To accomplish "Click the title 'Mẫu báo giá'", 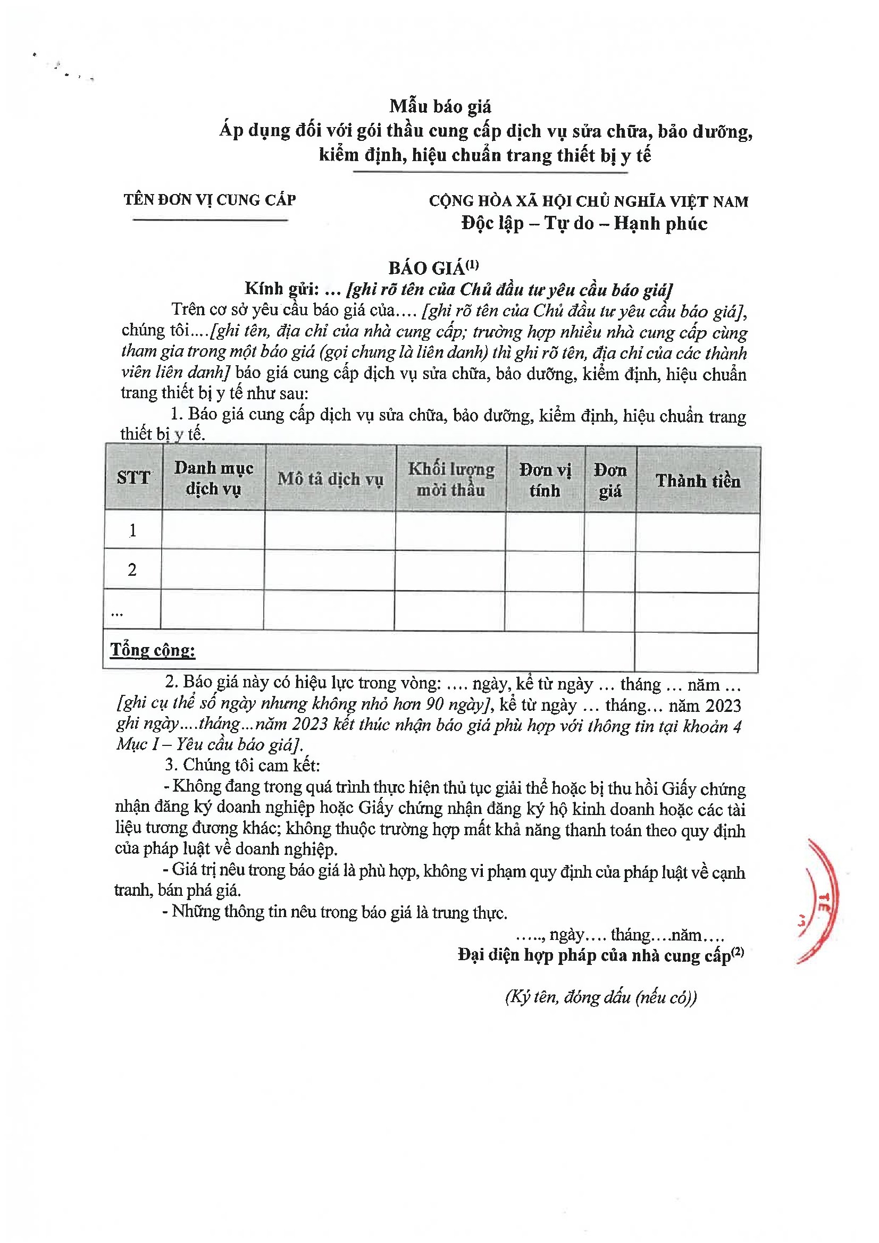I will pyautogui.click(x=440, y=107).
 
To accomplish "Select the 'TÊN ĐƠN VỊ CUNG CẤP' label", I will pyautogui.click(x=210, y=200).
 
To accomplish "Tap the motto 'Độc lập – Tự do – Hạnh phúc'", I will pyautogui.click(x=584, y=224).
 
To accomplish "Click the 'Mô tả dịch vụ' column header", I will pyautogui.click(x=330, y=479).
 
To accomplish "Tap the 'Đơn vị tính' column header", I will pyautogui.click(x=545, y=480).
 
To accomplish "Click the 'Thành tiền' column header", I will pyautogui.click(x=698, y=481).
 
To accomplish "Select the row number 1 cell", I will pyautogui.click(x=133, y=530).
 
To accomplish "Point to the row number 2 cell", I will pyautogui.click(x=132, y=569).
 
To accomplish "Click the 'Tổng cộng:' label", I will pyautogui.click(x=153, y=650).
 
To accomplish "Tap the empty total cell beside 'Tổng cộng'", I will pyautogui.click(x=696, y=652).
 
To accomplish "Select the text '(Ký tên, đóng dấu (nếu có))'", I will pyautogui.click(x=600, y=997).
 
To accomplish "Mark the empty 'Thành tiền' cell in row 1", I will pyautogui.click(x=697, y=532).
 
